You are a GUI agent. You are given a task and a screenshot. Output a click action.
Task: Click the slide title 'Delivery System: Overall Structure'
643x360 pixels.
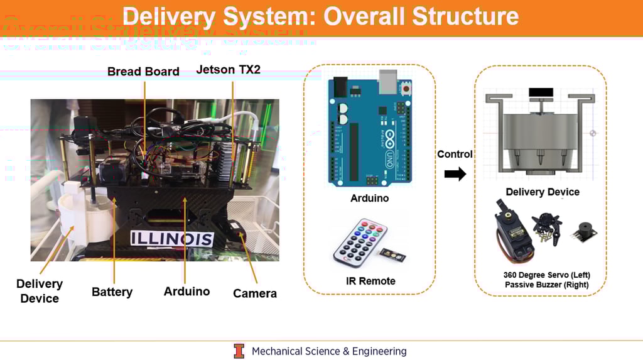[320, 16]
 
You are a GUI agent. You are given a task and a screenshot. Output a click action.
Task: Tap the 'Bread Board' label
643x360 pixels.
[143, 72]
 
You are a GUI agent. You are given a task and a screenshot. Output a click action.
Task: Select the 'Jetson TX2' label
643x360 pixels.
[228, 70]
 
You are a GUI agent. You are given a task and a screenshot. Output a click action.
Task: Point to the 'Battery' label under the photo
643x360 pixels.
[112, 292]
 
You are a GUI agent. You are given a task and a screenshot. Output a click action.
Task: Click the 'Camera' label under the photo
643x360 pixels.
[254, 293]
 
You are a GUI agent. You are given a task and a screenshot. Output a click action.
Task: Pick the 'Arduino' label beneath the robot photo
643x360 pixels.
[186, 291]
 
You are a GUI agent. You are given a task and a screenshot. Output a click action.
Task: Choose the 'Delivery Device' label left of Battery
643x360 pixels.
[40, 291]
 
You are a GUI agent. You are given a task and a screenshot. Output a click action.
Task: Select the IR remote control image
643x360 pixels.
[360, 243]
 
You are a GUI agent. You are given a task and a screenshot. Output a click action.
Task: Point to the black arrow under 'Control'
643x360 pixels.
[455, 174]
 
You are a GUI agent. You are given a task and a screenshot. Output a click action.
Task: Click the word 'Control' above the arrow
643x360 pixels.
[455, 154]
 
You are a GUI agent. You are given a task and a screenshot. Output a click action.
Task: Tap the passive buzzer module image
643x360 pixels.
[583, 231]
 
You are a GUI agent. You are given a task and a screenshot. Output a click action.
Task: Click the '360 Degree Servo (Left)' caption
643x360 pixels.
[546, 275]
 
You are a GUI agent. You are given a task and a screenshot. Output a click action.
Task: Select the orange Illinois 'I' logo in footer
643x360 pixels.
[239, 351]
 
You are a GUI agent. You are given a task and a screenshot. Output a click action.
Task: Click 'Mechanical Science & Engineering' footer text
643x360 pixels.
[329, 351]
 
